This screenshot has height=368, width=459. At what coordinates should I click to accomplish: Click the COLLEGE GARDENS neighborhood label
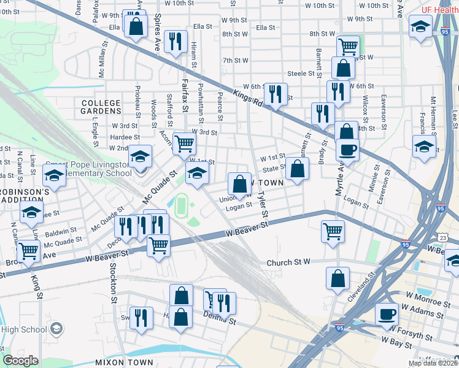[x=100, y=107]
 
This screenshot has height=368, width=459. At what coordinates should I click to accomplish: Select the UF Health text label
[x=439, y=10]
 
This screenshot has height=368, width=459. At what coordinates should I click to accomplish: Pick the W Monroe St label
[x=424, y=304]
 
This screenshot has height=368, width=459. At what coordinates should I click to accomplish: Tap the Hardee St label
[x=126, y=137]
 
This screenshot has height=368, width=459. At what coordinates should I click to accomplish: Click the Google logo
[x=20, y=361]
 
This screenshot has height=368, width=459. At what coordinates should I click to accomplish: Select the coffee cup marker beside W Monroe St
[x=387, y=314]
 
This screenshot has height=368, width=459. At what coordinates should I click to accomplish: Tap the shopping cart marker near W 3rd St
[x=184, y=144]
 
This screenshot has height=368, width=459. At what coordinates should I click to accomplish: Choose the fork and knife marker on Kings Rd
[x=275, y=93]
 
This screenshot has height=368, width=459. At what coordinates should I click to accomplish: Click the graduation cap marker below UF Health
[x=421, y=27]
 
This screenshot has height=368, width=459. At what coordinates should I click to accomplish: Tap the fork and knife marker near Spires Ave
[x=176, y=41]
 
